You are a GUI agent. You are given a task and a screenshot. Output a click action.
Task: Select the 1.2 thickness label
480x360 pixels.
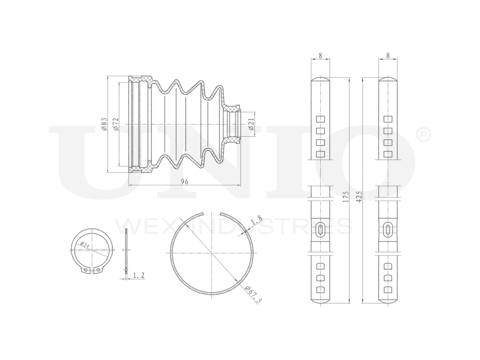(139, 275)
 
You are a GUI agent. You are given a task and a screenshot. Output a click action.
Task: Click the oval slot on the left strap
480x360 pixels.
(320, 229)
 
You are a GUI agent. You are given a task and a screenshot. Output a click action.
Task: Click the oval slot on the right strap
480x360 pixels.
(388, 229)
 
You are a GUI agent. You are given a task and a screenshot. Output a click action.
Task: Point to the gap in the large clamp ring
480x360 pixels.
(212, 213)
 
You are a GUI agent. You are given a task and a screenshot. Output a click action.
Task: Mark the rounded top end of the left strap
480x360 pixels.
(320, 79)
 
